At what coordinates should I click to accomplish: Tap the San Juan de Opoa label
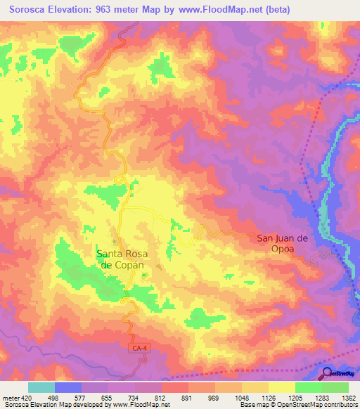pos(283,243)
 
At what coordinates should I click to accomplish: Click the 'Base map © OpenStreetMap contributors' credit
pos(297,405)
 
